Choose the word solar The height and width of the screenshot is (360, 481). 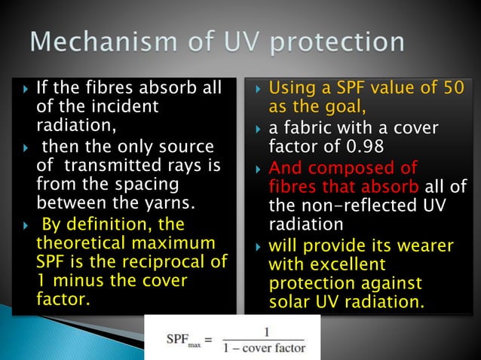pyautogui.click(x=290, y=303)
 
